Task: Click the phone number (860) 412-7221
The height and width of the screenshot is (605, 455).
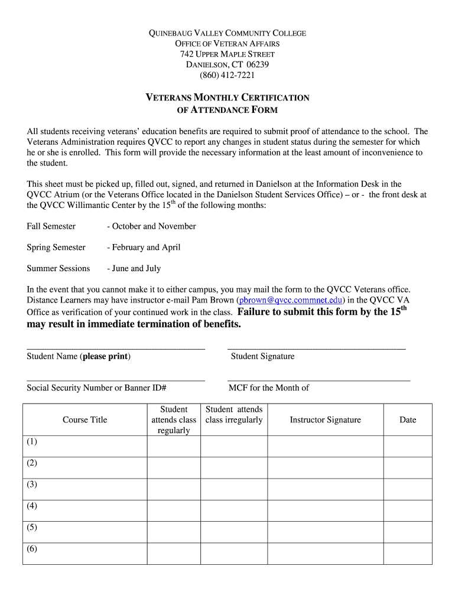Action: click(x=227, y=75)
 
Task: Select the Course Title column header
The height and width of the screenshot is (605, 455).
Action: click(x=85, y=420)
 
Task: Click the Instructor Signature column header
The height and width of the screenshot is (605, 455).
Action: click(x=325, y=420)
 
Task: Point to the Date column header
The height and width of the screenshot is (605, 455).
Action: click(x=408, y=420)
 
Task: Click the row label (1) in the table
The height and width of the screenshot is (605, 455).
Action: click(x=32, y=442)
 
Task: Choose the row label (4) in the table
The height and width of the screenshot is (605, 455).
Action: click(x=32, y=506)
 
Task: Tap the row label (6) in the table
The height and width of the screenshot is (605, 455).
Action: click(x=32, y=548)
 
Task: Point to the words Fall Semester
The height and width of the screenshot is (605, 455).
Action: click(x=51, y=226)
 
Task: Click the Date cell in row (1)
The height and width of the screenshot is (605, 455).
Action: click(x=408, y=447)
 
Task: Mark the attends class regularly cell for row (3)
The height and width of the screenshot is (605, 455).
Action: click(x=174, y=489)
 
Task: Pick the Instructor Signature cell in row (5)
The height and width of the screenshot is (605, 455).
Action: click(x=325, y=532)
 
